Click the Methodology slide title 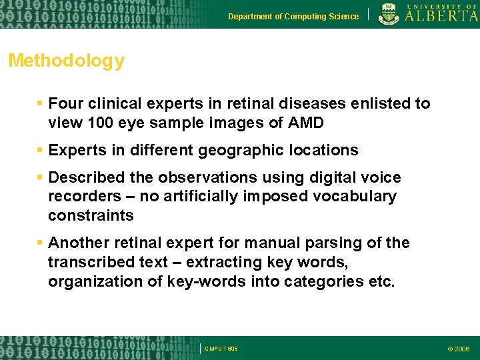click(x=66, y=61)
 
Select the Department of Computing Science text click(x=293, y=17)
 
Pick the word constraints click(x=91, y=216)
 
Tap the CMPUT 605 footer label click(x=221, y=349)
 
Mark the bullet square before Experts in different click(x=40, y=151)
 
